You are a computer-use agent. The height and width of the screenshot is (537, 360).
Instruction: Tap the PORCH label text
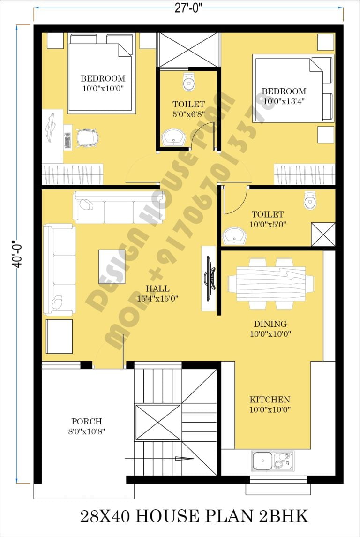pos(86,422)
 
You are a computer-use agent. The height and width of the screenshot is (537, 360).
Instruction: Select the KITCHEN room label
pos(270,400)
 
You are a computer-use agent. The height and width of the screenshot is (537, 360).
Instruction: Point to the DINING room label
pos(270,324)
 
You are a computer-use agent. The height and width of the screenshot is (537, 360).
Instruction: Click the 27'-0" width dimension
pos(188,9)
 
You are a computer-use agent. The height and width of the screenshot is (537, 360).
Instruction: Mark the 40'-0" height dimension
pos(17,253)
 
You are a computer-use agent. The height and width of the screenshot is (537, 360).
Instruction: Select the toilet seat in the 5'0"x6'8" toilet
pos(188,82)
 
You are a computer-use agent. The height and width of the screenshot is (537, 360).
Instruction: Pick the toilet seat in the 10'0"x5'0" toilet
pos(310,200)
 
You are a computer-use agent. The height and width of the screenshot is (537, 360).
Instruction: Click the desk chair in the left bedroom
pos(88,137)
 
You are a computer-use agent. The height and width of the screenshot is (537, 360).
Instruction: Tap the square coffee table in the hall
pos(112,266)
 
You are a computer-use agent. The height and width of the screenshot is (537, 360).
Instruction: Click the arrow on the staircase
pos(187,459)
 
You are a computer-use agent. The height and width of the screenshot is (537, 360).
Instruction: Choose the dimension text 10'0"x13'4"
pos(284,100)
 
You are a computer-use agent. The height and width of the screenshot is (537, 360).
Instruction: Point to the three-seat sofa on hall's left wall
pos(60,269)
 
